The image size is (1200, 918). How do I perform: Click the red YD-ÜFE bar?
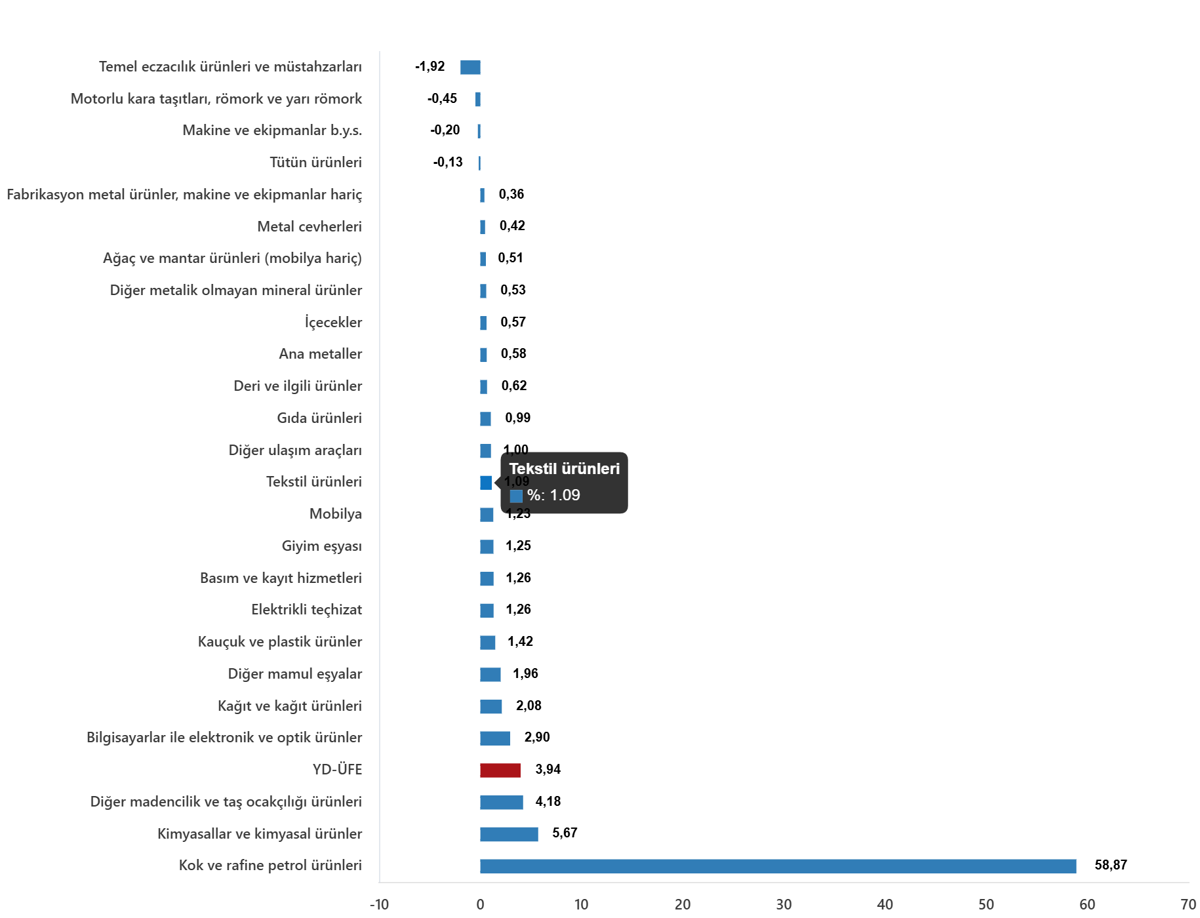click(500, 770)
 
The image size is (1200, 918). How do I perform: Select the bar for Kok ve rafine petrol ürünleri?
click(778, 866)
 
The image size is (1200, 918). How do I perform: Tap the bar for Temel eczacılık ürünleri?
click(470, 68)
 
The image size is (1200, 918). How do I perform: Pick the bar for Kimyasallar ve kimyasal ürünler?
click(509, 834)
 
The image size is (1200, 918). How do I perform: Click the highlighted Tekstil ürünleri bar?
click(485, 483)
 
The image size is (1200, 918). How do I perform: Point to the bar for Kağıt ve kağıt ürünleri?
click(490, 706)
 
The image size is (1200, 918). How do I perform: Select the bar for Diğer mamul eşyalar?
click(490, 674)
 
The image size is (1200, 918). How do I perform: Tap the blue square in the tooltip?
click(516, 496)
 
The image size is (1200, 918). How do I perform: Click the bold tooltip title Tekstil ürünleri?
click(564, 469)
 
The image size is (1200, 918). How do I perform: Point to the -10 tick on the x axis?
click(379, 905)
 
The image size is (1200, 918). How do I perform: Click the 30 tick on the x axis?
click(784, 905)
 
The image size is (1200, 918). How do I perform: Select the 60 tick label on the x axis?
click(1087, 905)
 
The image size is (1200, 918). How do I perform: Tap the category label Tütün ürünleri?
click(315, 162)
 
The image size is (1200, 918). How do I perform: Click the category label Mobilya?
click(335, 513)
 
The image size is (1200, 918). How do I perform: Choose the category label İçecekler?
click(333, 322)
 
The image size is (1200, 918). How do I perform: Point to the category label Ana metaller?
click(320, 354)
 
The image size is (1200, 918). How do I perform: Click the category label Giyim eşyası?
click(321, 546)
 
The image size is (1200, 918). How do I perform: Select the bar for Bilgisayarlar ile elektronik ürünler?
click(494, 738)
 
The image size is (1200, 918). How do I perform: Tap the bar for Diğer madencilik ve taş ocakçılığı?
click(501, 802)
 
